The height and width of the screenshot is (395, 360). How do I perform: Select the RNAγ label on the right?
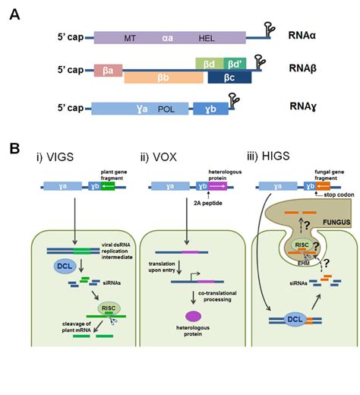click(304, 110)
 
